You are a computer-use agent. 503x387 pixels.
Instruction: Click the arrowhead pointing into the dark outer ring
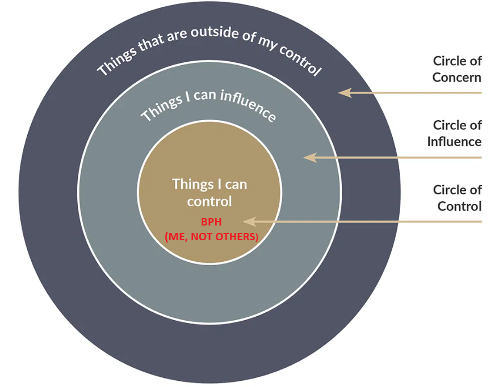click(x=343, y=92)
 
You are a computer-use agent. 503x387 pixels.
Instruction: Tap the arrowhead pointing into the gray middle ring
click(x=309, y=157)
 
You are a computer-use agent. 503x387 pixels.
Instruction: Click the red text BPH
click(x=209, y=222)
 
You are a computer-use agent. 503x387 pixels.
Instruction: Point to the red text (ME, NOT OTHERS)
click(x=211, y=237)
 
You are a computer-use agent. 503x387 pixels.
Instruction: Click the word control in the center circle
click(x=209, y=201)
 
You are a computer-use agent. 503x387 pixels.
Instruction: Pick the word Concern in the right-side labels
click(x=456, y=78)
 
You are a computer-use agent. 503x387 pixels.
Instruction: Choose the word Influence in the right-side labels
click(x=454, y=142)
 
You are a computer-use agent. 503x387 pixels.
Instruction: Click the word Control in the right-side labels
click(x=459, y=206)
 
